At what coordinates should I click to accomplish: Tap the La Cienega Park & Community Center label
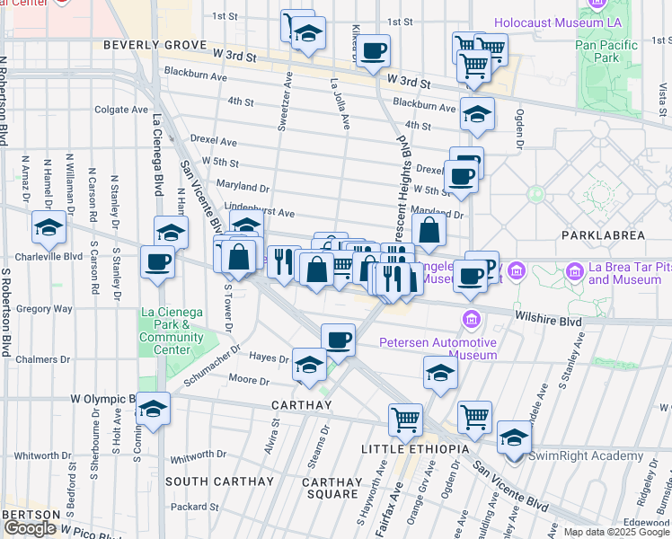[172, 331]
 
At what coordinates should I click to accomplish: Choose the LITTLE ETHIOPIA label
[415, 448]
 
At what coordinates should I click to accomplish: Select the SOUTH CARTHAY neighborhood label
[220, 482]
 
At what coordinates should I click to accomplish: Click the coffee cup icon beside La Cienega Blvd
[158, 262]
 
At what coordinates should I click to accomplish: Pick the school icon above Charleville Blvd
[49, 228]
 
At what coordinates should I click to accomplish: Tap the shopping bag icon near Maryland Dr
[430, 230]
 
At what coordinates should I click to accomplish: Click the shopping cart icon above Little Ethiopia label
[406, 419]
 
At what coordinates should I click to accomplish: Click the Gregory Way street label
[45, 308]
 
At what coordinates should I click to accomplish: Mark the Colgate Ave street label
[121, 110]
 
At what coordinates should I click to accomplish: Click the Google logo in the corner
[30, 528]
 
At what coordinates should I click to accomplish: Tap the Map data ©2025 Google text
[616, 532]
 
